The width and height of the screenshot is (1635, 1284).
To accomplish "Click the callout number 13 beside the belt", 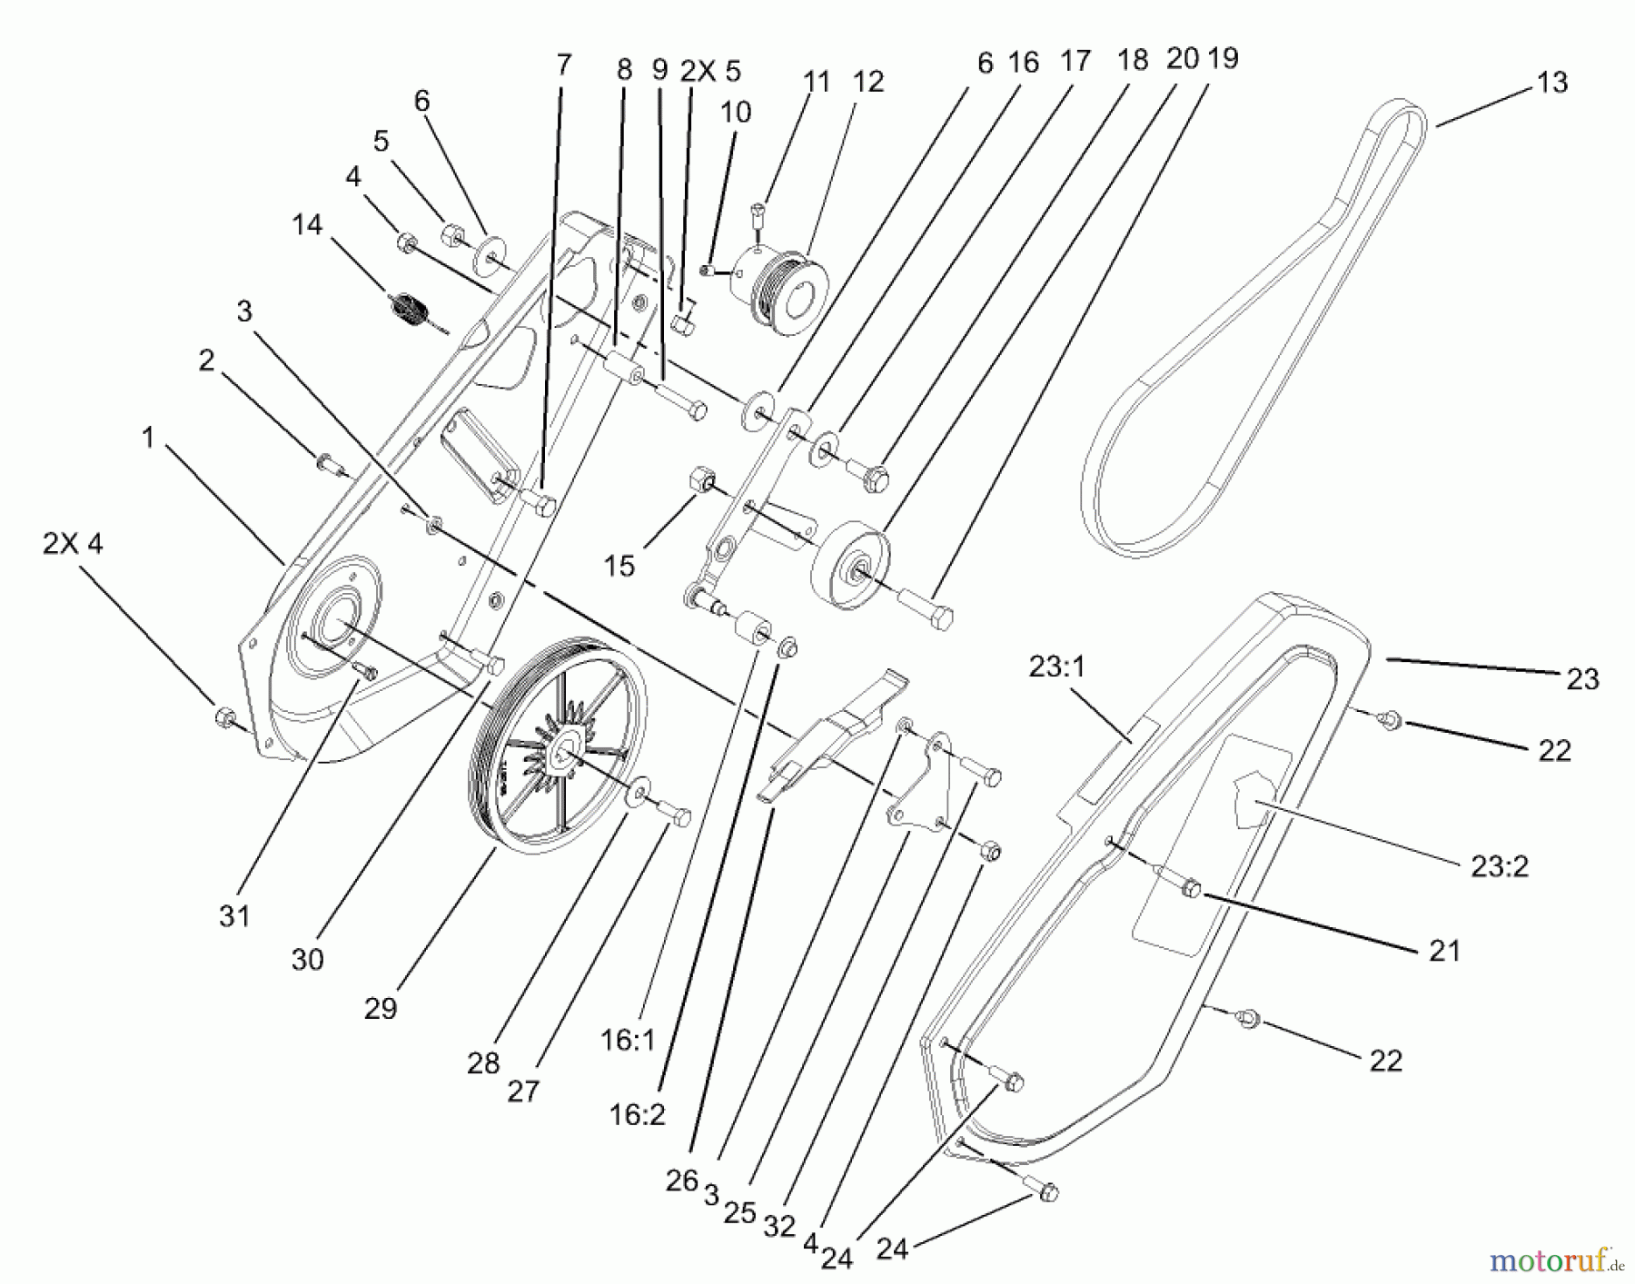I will [1552, 83].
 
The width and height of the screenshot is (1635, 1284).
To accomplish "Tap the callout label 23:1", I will [1057, 667].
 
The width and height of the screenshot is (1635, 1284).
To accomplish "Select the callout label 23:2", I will [1500, 865].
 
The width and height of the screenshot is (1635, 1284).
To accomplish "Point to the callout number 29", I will [381, 1008].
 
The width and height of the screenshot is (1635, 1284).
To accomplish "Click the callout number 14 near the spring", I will [307, 224].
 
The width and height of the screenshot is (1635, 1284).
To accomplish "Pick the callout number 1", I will [148, 438].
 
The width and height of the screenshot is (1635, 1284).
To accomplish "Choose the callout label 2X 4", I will [73, 544].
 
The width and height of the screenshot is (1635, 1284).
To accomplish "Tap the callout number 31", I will [234, 915].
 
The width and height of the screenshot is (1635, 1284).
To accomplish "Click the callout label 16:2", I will [638, 1114].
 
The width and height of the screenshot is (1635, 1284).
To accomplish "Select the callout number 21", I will [1444, 951].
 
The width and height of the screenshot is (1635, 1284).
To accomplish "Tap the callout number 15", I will [619, 566].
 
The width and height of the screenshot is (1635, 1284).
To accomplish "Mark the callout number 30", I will [307, 959].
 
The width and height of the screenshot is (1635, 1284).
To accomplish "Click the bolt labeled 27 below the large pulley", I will [674, 814].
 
